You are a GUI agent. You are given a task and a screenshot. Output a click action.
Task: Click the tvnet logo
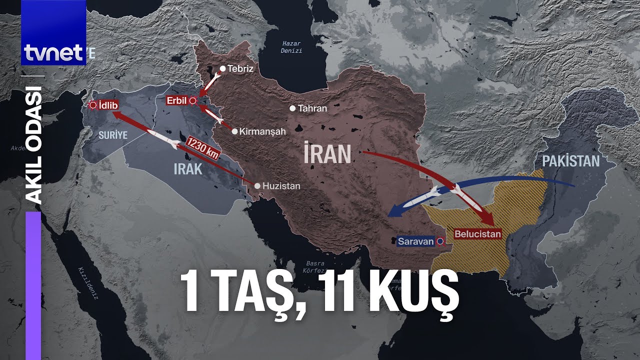[53, 52]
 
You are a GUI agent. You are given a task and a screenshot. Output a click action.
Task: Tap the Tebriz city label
[240, 69]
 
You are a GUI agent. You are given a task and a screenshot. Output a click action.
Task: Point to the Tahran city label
[312, 108]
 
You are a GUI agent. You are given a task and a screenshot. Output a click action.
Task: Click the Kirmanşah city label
[262, 131]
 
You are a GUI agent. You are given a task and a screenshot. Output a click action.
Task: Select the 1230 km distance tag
[202, 148]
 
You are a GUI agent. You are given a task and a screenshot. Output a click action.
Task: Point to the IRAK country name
[188, 169]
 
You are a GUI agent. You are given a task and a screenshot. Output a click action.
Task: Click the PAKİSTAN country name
[570, 161]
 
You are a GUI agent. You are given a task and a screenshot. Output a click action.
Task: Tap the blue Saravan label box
[416, 241]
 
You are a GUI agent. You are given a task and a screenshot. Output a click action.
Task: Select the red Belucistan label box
[477, 233]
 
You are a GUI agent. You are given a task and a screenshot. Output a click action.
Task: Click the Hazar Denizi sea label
[291, 47]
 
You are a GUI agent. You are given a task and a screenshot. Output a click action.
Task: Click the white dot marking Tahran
[292, 108]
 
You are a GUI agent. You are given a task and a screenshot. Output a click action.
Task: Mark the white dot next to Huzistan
[257, 186]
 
